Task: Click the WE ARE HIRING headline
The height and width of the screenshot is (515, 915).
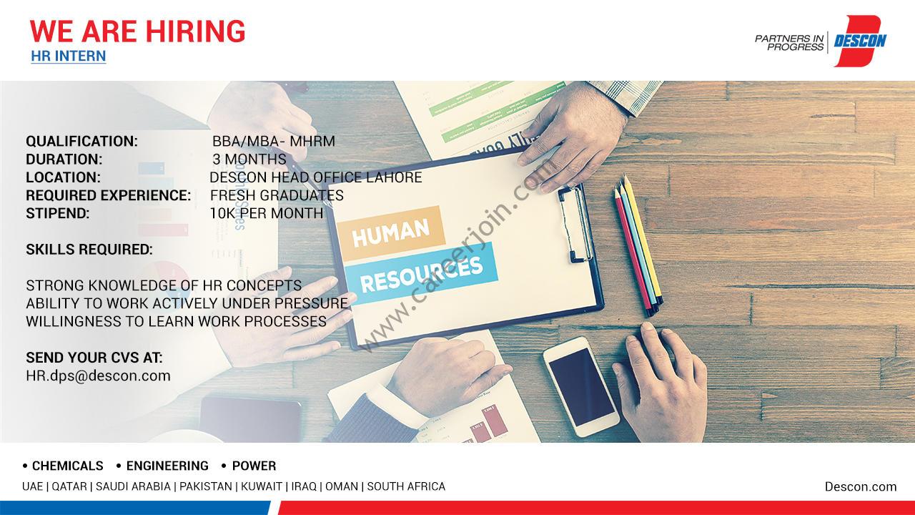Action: click(137, 31)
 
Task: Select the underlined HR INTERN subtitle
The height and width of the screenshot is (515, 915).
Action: click(68, 56)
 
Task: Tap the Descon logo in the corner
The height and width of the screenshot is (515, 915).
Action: click(860, 41)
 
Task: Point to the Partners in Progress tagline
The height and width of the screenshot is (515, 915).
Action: click(789, 43)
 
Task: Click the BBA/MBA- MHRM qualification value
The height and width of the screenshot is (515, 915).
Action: click(273, 142)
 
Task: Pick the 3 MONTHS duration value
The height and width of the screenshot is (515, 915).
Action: click(249, 159)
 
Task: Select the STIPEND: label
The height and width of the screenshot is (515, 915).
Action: click(58, 213)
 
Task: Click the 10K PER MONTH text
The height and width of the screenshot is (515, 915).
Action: click(267, 213)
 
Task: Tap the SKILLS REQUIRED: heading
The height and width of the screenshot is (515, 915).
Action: click(89, 250)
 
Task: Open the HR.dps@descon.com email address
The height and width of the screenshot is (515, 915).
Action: click(98, 376)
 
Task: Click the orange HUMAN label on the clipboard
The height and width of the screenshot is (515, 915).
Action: click(391, 233)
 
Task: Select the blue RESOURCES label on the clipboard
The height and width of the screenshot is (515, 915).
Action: click(421, 273)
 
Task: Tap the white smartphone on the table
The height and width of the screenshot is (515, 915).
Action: click(581, 387)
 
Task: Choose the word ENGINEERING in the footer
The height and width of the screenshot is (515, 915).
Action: click(167, 466)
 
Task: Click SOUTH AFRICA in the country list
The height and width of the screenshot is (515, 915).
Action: click(406, 486)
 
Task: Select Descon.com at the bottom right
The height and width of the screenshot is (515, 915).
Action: click(861, 486)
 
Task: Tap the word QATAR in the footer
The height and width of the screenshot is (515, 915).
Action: click(69, 486)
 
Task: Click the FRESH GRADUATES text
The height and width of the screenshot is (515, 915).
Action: click(277, 195)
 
